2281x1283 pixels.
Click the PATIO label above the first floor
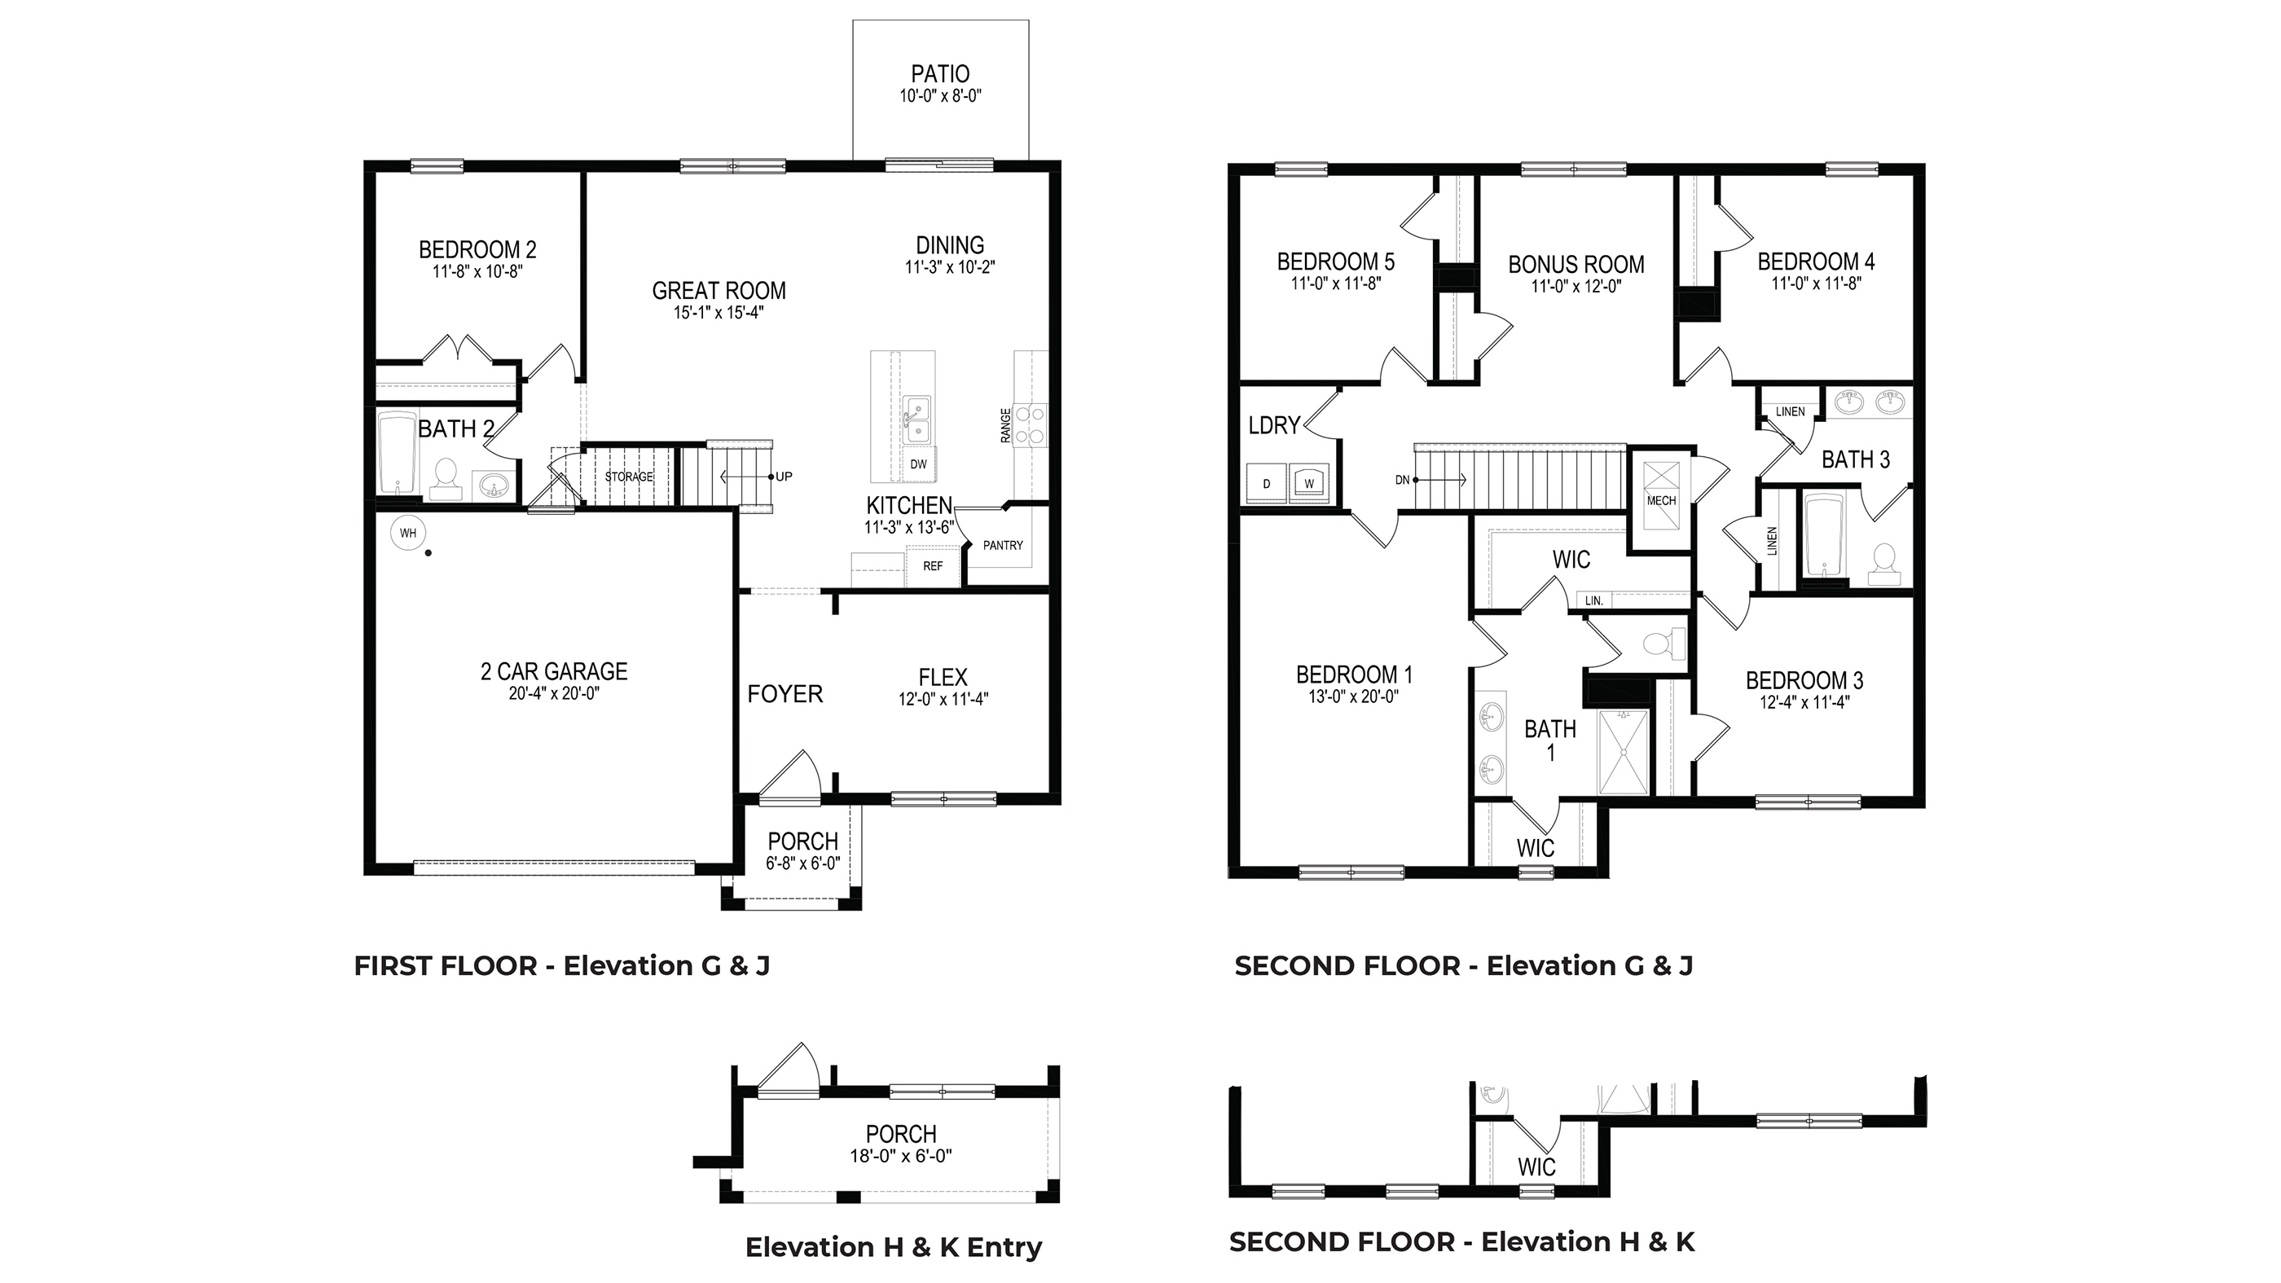click(x=939, y=74)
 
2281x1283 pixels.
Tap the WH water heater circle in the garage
click(x=407, y=533)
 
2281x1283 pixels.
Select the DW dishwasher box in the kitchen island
click(x=918, y=464)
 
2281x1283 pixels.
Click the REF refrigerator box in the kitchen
click(x=933, y=566)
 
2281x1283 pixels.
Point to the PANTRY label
click(x=1002, y=546)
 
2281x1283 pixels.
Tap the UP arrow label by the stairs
click(x=784, y=477)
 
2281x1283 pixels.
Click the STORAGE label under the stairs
click(x=629, y=477)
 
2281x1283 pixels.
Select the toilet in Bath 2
click(x=445, y=476)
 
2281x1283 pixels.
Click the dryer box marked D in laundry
click(x=1266, y=483)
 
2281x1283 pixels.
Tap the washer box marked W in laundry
click(x=1309, y=483)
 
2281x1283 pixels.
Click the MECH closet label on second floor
click(x=1661, y=500)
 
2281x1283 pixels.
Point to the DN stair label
click(x=1402, y=480)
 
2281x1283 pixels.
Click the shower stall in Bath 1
click(x=1623, y=752)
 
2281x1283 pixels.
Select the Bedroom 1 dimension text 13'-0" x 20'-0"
click(x=1353, y=696)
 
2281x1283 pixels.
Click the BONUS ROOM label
click(x=1576, y=265)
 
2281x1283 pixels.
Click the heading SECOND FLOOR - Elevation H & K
click(x=1461, y=1241)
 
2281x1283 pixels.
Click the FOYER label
click(x=785, y=694)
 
